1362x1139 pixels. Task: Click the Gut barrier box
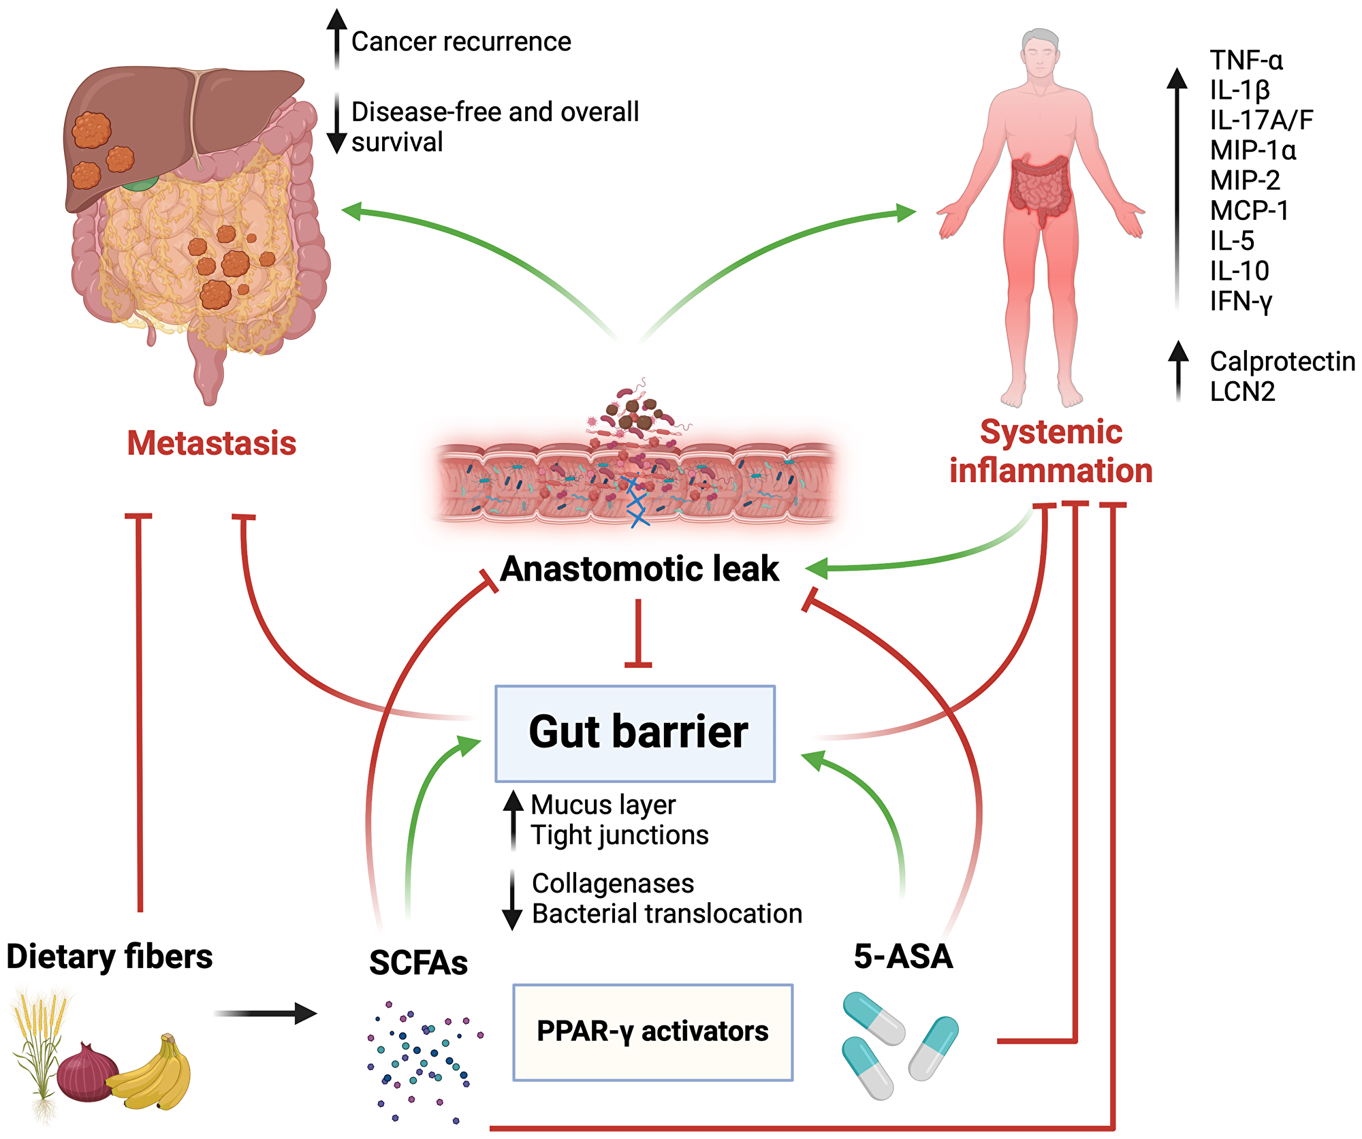pos(635,733)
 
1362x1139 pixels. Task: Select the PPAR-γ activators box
pos(652,1031)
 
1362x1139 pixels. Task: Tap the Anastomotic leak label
pos(639,568)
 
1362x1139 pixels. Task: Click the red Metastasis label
pos(211,443)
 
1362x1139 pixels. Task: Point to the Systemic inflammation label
pos(1051,451)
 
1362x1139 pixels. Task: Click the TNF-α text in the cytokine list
pos(1246,61)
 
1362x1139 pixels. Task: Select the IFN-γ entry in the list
pos(1241,301)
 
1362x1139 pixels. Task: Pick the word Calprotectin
pos(1282,362)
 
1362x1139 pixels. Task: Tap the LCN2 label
pos(1242,391)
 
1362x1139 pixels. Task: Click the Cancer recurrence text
pos(461,42)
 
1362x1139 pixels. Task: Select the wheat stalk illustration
pos(41,1048)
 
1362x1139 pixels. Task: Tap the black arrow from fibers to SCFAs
pos(266,1013)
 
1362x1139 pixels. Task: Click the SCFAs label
pos(418,963)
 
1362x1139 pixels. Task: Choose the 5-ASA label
pos(903,957)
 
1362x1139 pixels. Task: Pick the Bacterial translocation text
pos(667,914)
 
